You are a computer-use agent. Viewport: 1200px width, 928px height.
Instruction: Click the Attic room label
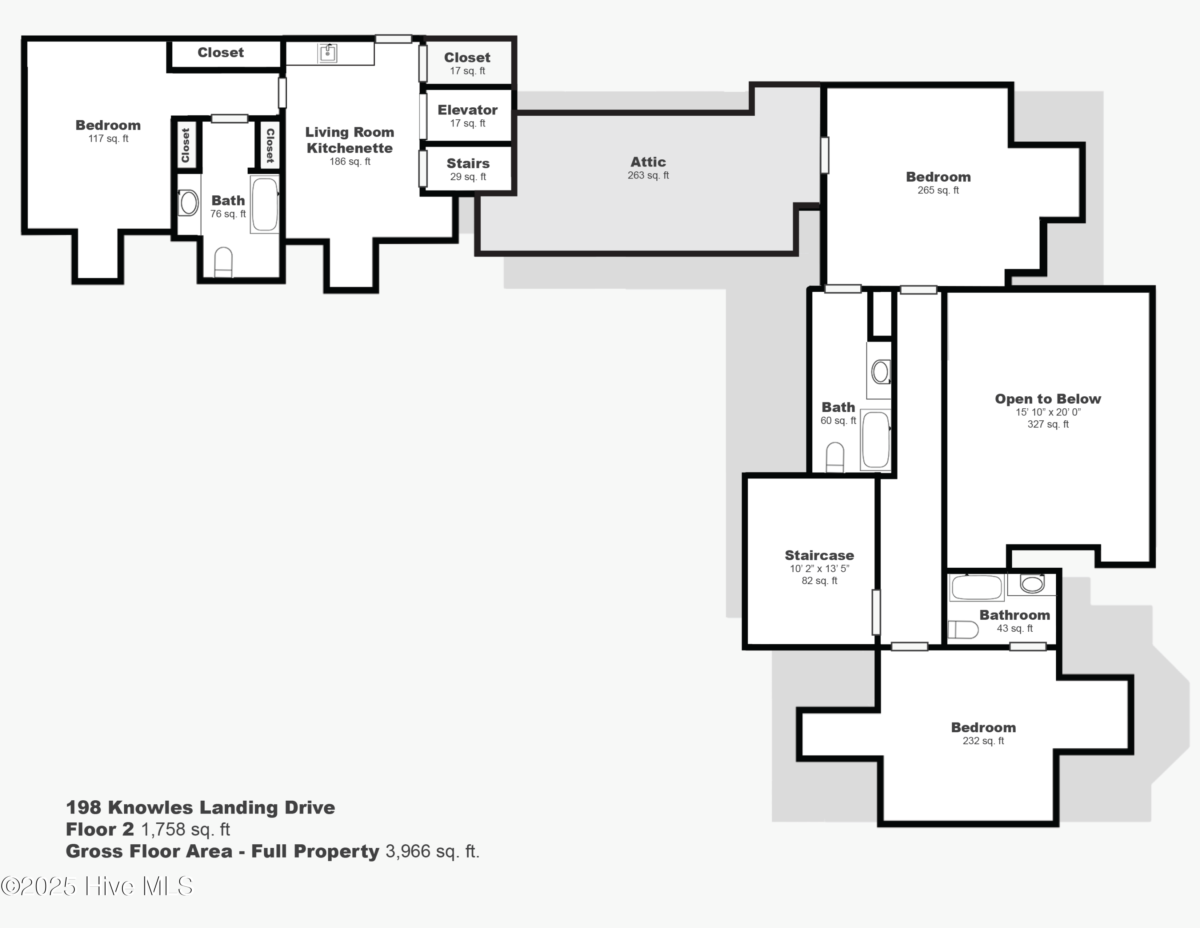pyautogui.click(x=648, y=162)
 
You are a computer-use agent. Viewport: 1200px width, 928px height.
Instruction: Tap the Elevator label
pyautogui.click(x=467, y=110)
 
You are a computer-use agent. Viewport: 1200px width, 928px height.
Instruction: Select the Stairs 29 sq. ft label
pyautogui.click(x=468, y=169)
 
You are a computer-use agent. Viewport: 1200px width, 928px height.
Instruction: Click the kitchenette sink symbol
pyautogui.click(x=328, y=53)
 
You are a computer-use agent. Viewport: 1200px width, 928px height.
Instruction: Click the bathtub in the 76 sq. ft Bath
pyautogui.click(x=264, y=204)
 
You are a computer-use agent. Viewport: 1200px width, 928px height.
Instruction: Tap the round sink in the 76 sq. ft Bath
pyautogui.click(x=188, y=202)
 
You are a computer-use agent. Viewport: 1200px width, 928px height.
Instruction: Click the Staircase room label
pyautogui.click(x=819, y=555)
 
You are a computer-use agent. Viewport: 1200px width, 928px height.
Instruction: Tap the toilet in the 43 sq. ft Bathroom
pyautogui.click(x=963, y=629)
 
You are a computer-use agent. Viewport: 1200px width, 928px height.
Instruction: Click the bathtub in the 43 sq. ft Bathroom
pyautogui.click(x=976, y=587)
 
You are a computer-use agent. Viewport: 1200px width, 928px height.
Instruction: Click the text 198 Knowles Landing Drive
pyautogui.click(x=200, y=807)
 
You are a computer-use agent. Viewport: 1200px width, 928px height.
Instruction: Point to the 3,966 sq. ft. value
pyautogui.click(x=432, y=851)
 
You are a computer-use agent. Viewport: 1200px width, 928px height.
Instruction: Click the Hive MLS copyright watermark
pyautogui.click(x=97, y=886)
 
